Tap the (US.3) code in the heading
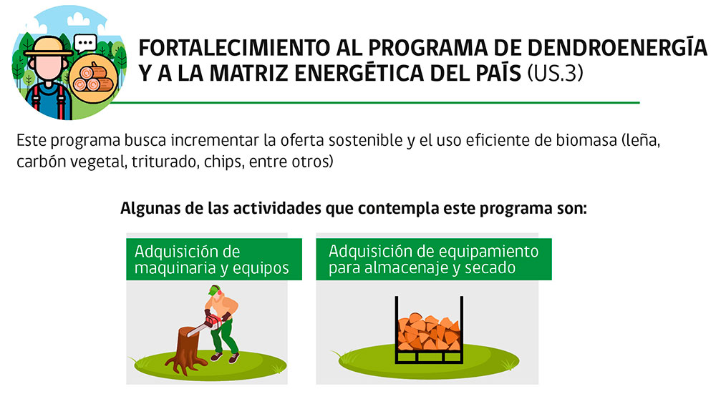[556, 73]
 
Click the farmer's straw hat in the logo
[47, 46]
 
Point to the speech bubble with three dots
[85, 44]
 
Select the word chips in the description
[223, 162]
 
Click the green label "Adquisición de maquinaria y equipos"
[213, 259]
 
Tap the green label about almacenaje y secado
[433, 259]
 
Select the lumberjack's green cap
[213, 290]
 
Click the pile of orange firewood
[428, 332]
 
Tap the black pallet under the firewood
[429, 357]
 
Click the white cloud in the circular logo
[78, 19]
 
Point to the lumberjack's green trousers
[225, 337]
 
